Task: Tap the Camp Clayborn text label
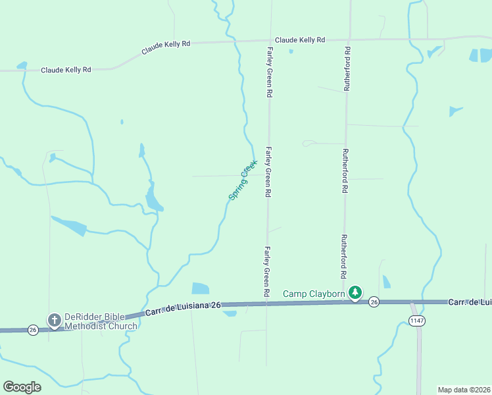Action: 314,294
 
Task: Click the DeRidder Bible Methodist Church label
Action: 101,321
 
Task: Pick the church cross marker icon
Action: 54,320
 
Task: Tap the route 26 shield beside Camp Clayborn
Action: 374,302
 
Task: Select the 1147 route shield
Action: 416,321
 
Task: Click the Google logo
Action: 22,387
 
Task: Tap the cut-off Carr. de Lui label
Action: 470,302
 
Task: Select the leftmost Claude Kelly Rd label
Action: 66,70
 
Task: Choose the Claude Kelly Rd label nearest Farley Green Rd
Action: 300,40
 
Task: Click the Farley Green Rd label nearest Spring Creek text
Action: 268,172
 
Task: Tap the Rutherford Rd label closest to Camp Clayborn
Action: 343,257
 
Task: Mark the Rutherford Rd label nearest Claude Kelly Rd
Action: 347,68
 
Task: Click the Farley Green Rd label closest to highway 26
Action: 267,271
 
